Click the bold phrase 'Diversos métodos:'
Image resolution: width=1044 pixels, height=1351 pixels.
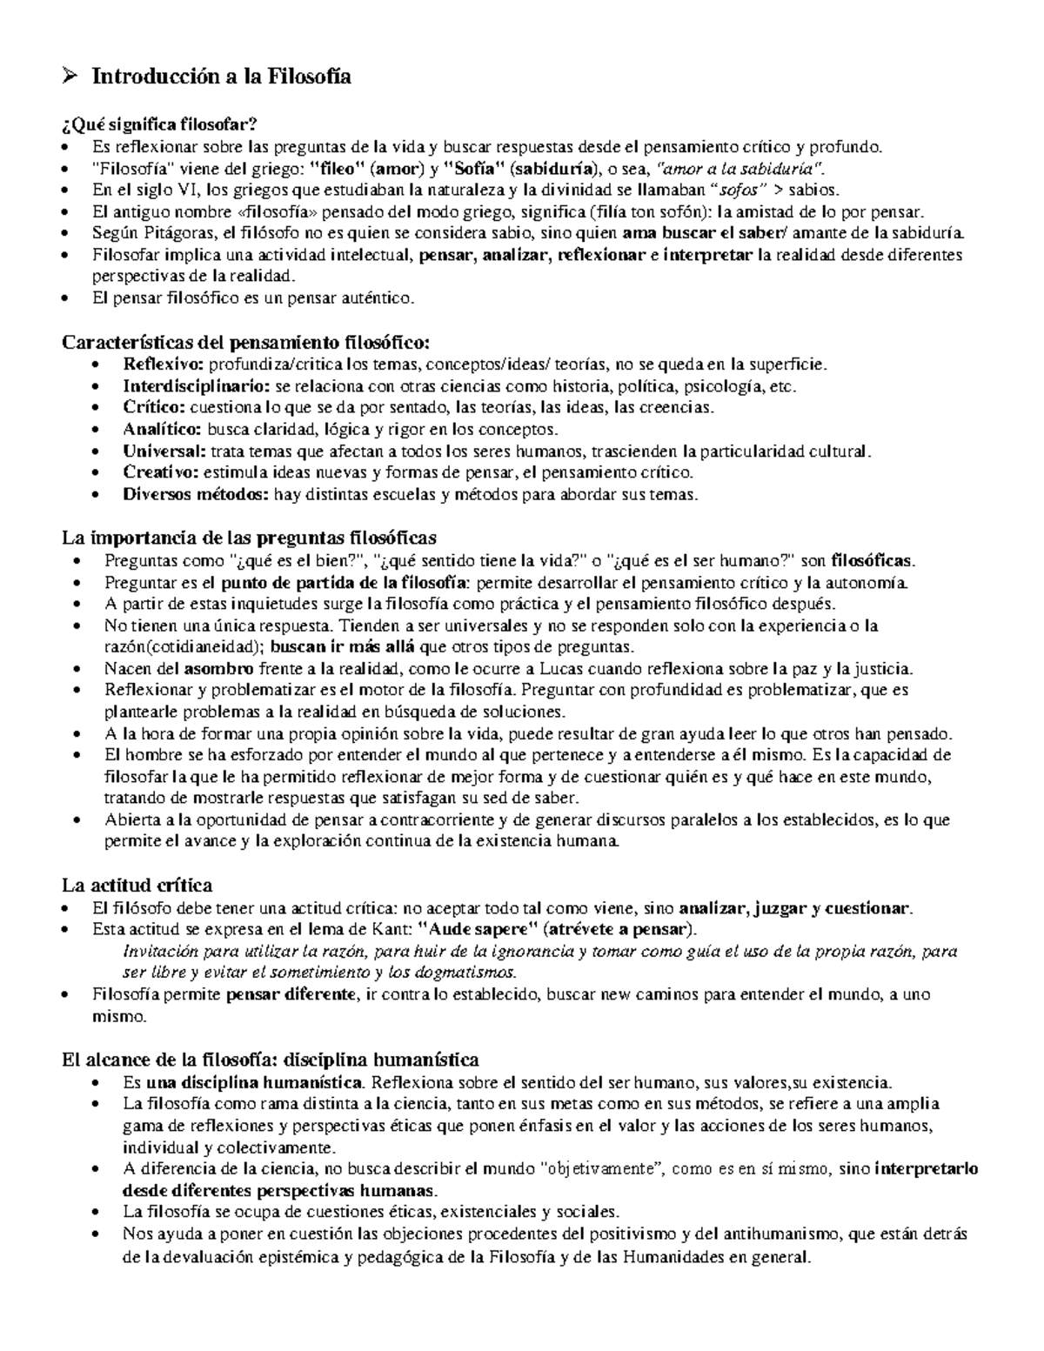196,495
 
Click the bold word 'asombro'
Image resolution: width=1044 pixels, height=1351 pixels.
218,669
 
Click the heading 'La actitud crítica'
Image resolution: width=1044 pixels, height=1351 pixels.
137,886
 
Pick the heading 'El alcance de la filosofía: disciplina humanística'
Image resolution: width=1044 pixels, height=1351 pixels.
270,1060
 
